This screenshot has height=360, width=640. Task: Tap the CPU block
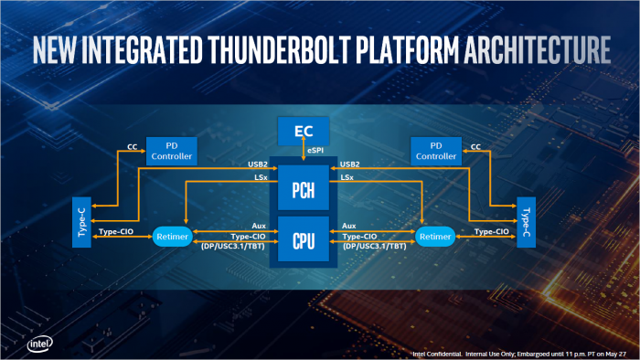[x=304, y=241]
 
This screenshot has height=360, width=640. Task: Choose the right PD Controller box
[x=435, y=151]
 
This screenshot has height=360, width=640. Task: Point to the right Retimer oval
[x=434, y=236]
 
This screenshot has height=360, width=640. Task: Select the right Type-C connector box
[x=526, y=220]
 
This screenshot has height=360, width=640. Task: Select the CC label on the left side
[x=133, y=144]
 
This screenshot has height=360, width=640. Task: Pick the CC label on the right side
[x=475, y=144]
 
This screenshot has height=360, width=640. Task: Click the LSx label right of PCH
[x=347, y=177]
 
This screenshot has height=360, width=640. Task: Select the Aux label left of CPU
[x=259, y=225]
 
